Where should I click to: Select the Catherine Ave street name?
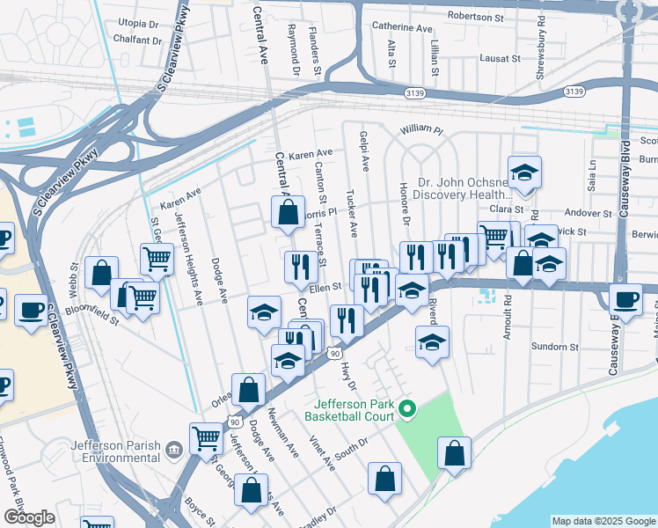coord(402,27)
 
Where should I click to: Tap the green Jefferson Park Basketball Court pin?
coord(406,409)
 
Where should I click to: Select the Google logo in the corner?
coord(28,517)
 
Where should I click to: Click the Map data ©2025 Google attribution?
coord(603,521)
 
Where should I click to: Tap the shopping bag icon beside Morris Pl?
coord(288,212)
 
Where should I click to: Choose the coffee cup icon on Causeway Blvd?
coord(625,298)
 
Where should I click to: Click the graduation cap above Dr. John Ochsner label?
coord(524,172)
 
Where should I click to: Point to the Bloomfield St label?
coord(95,314)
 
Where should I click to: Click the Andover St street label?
coord(588,214)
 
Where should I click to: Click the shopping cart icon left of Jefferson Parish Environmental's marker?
coord(207,436)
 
